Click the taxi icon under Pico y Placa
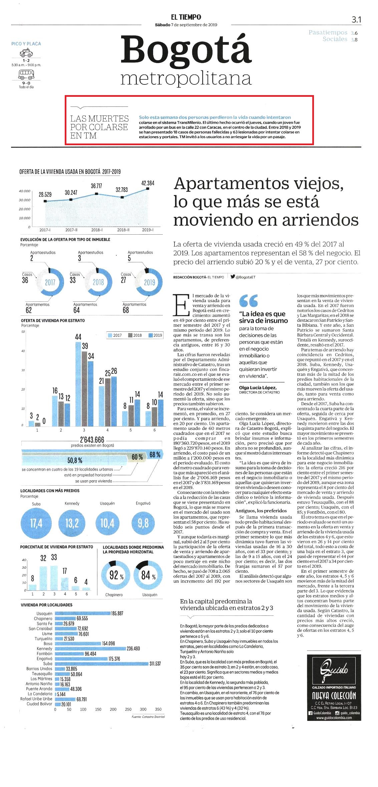point(26,53)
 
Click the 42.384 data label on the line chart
point(147,183)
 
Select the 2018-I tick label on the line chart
point(97,230)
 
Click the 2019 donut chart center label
point(149,282)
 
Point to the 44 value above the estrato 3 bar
point(78,337)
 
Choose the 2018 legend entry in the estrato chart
point(135,335)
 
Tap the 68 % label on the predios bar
point(155,455)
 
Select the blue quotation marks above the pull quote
point(249,301)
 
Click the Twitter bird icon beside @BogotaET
point(233,277)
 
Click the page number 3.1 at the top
point(356,20)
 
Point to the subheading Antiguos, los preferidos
point(261,511)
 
